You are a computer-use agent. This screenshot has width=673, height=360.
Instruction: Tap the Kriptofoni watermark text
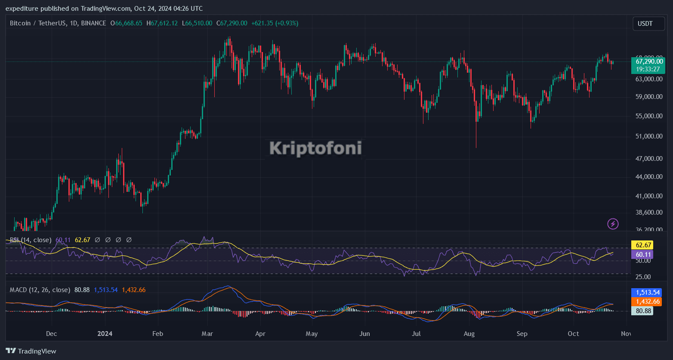click(315, 148)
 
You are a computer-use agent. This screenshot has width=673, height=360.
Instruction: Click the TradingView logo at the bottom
click(31, 351)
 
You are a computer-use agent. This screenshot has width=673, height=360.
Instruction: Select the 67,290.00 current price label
click(649, 62)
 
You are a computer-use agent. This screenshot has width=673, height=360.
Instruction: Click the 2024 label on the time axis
click(105, 334)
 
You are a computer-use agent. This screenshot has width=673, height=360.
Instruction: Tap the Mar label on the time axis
click(207, 334)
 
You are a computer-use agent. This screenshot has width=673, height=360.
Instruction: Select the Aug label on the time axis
click(469, 334)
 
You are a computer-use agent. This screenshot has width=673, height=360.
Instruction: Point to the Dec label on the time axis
click(51, 334)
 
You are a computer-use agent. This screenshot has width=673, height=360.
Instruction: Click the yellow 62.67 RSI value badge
click(642, 245)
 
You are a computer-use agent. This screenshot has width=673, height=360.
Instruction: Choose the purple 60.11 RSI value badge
click(642, 255)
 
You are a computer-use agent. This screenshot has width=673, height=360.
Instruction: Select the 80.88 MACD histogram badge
click(642, 311)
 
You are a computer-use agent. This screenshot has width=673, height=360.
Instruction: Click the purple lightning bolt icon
click(613, 224)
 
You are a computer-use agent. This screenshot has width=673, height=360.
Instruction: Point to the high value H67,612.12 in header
click(162, 23)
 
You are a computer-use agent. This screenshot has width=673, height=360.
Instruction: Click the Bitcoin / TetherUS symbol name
click(38, 23)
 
